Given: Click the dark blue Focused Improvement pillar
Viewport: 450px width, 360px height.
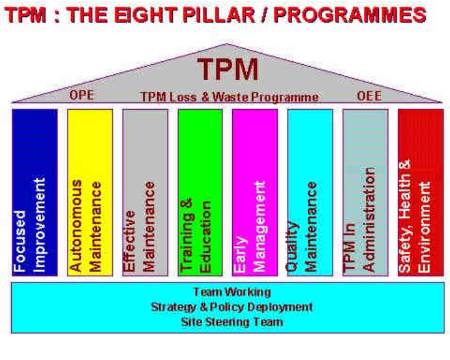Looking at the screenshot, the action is [x=35, y=192].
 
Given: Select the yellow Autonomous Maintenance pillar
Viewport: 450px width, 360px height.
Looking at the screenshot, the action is [x=90, y=192].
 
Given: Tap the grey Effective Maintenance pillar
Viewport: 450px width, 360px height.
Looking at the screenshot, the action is [x=145, y=192].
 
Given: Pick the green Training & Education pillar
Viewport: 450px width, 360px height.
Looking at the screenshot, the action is [x=200, y=192].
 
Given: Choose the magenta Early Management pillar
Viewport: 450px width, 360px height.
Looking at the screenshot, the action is [x=255, y=192].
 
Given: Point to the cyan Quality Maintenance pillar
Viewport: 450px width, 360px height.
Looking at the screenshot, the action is [x=310, y=192].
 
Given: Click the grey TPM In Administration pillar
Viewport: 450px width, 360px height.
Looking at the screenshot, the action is [x=365, y=192].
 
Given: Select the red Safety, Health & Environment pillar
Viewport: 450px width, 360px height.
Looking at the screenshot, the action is [x=421, y=192].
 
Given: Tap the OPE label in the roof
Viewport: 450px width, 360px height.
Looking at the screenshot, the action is [x=82, y=95].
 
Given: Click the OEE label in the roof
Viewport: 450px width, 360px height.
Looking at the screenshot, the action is [x=369, y=96].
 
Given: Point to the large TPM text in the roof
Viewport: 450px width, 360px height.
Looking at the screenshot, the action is [x=228, y=69].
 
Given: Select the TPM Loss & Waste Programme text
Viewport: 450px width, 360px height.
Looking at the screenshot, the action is [x=230, y=97].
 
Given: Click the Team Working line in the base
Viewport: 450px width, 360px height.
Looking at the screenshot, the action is [x=232, y=292].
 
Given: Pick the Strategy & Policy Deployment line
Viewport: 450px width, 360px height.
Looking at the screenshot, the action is [x=232, y=307].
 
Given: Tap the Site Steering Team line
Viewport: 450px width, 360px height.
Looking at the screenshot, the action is [x=232, y=322].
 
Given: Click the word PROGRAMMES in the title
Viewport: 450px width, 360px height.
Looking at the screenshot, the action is [x=350, y=14].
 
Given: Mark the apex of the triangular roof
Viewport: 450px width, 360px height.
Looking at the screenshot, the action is [x=226, y=44].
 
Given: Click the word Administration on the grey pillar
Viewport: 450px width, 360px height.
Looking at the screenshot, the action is [x=369, y=220].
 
